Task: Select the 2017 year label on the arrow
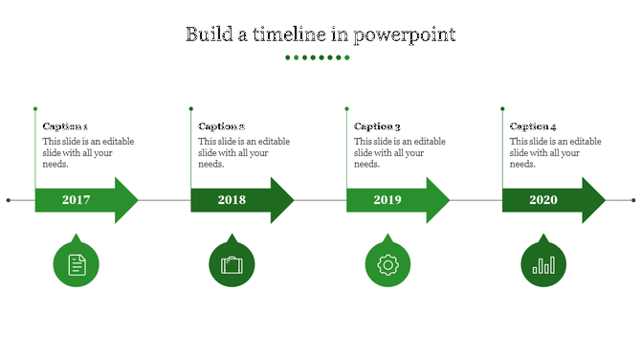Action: pyautogui.click(x=76, y=200)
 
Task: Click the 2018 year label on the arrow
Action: pyautogui.click(x=232, y=200)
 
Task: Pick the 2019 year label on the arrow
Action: pyautogui.click(x=387, y=200)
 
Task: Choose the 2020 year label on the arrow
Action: pyautogui.click(x=543, y=200)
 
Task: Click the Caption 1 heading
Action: pyautogui.click(x=65, y=126)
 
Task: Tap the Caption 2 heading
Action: pyautogui.click(x=221, y=126)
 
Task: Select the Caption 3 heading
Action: pyautogui.click(x=377, y=126)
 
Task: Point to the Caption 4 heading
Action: pyautogui.click(x=533, y=126)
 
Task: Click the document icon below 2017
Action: pyautogui.click(x=77, y=264)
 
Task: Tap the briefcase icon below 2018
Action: pyautogui.click(x=232, y=264)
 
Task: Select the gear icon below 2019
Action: pyautogui.click(x=387, y=264)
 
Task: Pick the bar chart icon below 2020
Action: pyautogui.click(x=543, y=264)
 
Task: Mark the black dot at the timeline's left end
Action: pyautogui.click(x=9, y=200)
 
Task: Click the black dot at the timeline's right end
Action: pyautogui.click(x=633, y=200)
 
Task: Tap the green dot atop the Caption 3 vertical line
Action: pyautogui.click(x=346, y=109)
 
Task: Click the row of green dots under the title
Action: pyautogui.click(x=320, y=57)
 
